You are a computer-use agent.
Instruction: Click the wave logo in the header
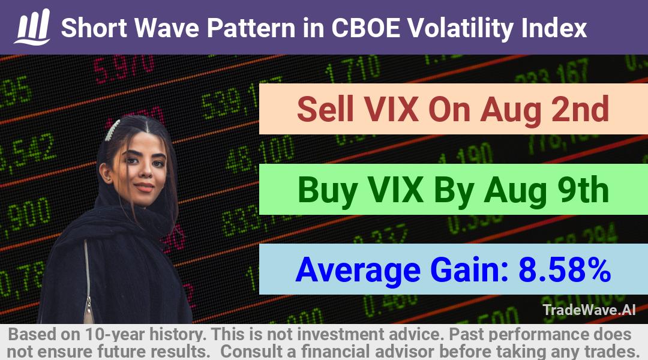click(32, 27)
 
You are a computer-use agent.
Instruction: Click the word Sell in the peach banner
click(325, 109)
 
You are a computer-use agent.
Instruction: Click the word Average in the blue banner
click(358, 271)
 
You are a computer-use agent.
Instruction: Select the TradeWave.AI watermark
click(589, 310)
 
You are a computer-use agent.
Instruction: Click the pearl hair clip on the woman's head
click(112, 130)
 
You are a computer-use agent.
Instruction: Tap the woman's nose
click(145, 173)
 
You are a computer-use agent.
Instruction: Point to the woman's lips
click(144, 187)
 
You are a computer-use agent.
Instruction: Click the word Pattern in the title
click(251, 28)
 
